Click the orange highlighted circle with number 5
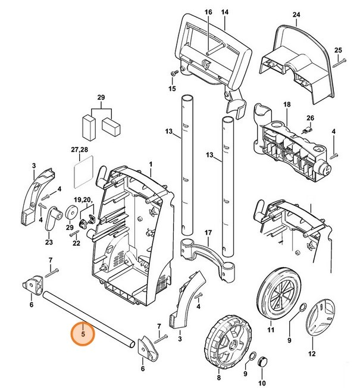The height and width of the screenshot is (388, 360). (83, 334)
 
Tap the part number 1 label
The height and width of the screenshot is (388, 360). (151, 164)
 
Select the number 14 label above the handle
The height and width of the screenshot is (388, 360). (225, 12)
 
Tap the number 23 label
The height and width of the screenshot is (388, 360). (49, 243)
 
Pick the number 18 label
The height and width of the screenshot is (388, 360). (287, 105)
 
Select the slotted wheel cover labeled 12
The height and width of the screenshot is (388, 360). (320, 319)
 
